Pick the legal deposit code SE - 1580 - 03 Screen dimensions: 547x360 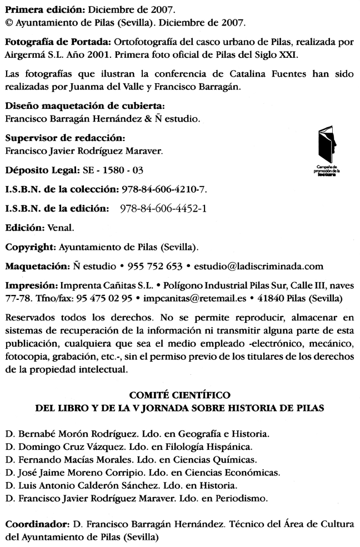(x=109, y=170)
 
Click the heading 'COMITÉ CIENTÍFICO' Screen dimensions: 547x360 (x=179, y=395)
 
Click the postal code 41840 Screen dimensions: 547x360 (x=260, y=298)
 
